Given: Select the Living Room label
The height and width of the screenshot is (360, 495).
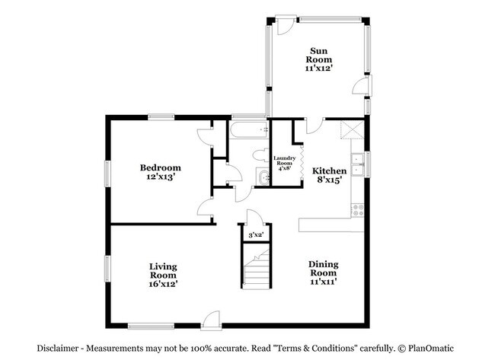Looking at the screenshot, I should [x=163, y=270].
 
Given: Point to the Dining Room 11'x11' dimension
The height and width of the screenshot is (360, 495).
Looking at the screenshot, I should [x=323, y=282].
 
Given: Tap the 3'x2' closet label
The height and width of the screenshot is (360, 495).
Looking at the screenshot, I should [x=255, y=235].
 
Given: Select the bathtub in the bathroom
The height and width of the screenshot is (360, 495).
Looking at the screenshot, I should [x=247, y=131].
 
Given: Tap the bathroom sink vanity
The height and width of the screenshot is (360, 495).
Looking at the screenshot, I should [x=262, y=178].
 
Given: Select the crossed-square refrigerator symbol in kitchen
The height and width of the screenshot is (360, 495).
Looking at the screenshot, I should [x=353, y=130].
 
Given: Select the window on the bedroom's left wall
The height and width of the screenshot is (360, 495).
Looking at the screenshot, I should [x=107, y=171].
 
